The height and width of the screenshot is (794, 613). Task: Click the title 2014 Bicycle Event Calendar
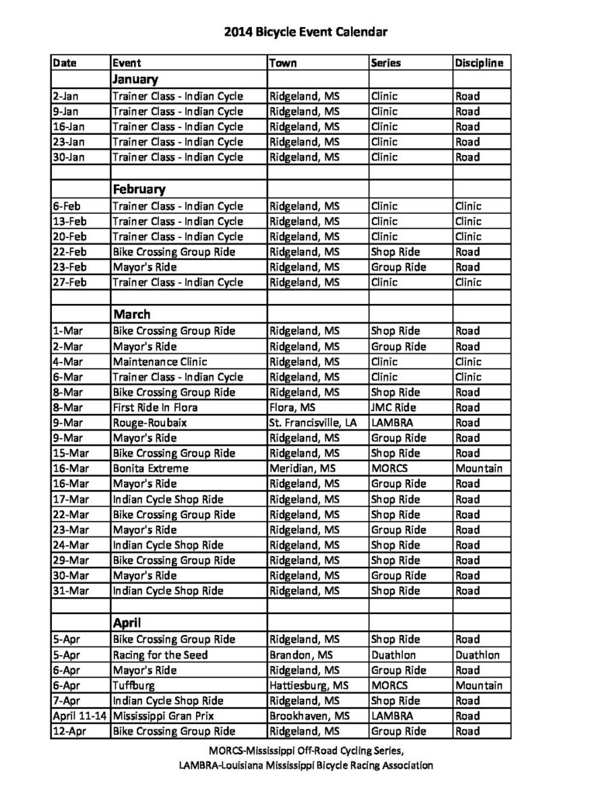click(305, 32)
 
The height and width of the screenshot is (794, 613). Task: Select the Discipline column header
click(479, 63)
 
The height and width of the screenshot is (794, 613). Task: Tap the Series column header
click(386, 63)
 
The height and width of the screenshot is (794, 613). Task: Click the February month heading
click(139, 189)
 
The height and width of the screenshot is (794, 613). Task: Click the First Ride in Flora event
click(155, 408)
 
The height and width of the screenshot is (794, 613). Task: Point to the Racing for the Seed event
click(160, 654)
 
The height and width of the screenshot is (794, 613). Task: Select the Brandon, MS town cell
click(301, 654)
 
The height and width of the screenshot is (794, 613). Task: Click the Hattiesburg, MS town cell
click(308, 685)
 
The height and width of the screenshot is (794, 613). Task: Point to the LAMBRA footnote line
click(305, 765)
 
